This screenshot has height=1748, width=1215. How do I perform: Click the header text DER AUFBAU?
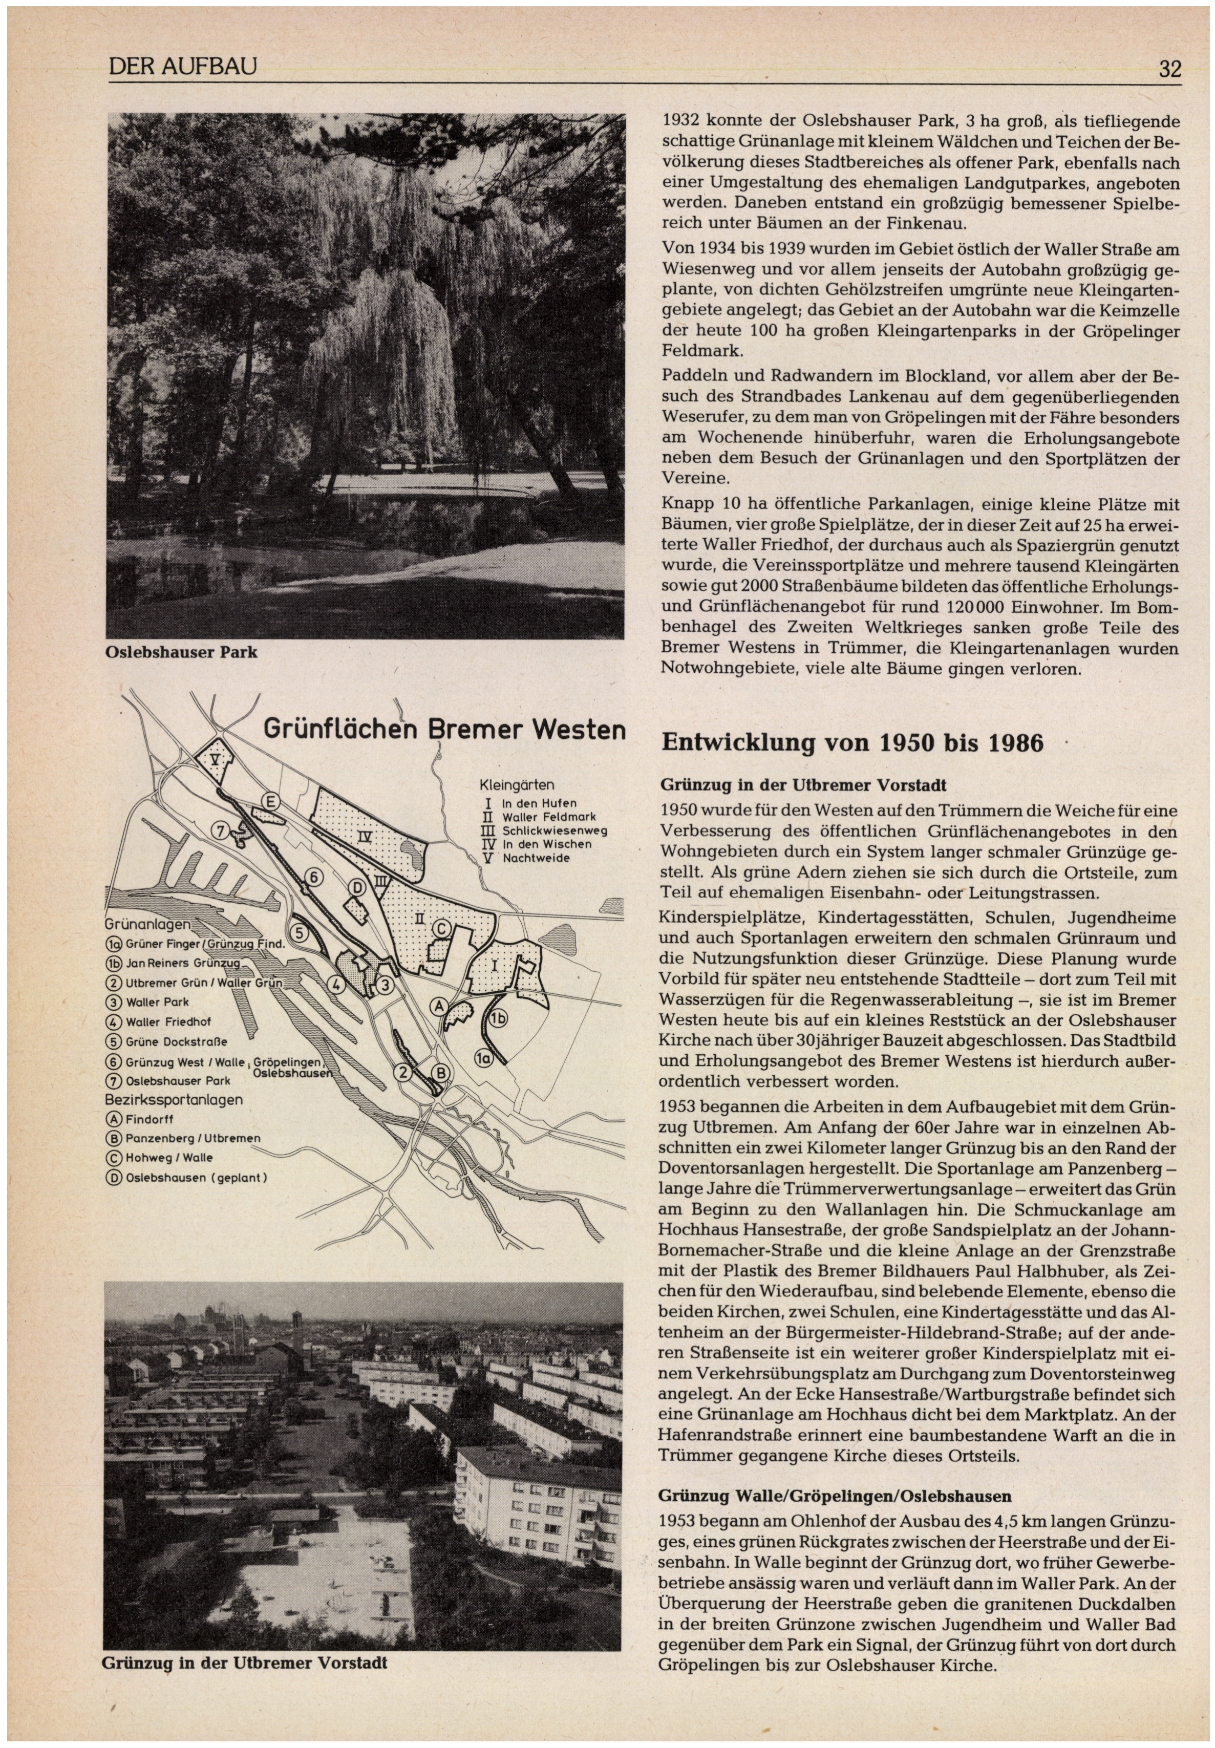183,68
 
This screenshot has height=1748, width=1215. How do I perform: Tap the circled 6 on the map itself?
313,877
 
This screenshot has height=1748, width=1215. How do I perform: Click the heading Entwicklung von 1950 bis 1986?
852,742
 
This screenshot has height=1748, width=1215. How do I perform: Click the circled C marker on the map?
440,928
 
